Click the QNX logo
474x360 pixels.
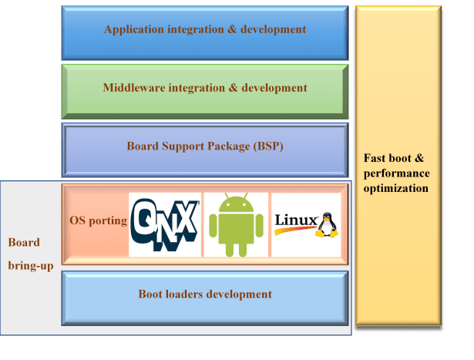pos(164,224)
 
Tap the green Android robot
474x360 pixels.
pos(236,224)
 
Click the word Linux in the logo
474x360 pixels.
pos(295,221)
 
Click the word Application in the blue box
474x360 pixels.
pos(135,30)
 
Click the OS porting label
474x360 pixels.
pos(98,220)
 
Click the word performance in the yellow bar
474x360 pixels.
pos(396,173)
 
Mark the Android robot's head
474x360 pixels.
pos(236,206)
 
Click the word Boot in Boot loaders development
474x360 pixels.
pos(151,294)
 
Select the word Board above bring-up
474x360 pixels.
pos(24,242)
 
